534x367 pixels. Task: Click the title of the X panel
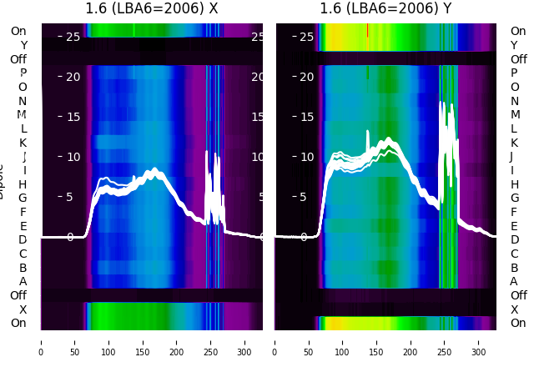click(152, 9)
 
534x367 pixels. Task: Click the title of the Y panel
click(385, 9)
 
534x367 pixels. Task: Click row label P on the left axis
click(23, 73)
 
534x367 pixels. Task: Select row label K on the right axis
click(514, 143)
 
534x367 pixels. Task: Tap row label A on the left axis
click(23, 281)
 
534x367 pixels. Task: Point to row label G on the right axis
click(514, 199)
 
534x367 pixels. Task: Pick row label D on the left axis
click(23, 240)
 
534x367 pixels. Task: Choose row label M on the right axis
click(514, 115)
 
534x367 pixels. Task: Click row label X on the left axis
click(23, 309)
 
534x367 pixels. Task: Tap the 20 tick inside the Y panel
click(306, 77)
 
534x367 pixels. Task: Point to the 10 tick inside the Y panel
click(306, 157)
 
